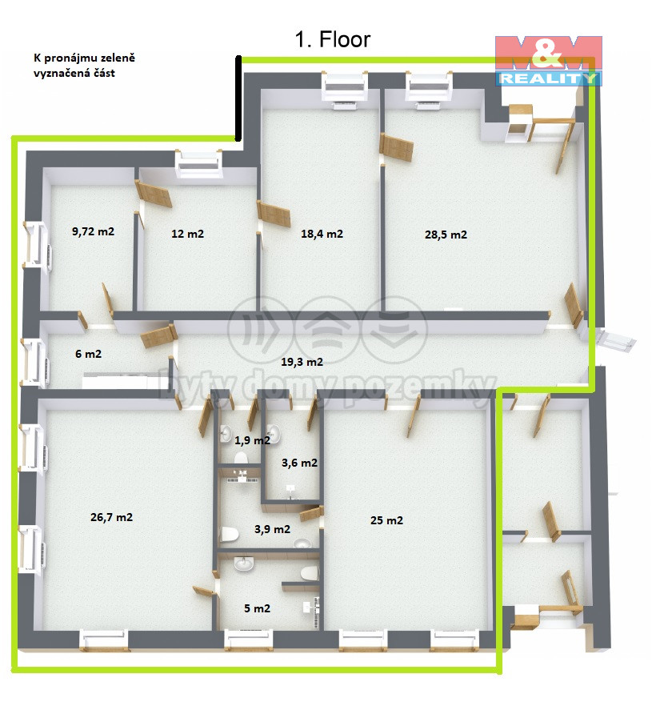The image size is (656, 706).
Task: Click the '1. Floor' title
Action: (333, 40)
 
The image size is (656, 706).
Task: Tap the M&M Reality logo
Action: (549, 61)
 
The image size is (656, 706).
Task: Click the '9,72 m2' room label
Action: (93, 231)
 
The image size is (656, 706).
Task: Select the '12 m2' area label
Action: (188, 234)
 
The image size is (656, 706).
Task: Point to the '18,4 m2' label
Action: (322, 234)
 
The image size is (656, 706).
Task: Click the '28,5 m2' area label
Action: (446, 235)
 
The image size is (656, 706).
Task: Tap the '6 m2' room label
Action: (88, 354)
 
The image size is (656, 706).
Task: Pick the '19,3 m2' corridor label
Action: (302, 362)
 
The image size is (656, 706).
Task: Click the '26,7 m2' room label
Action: (111, 517)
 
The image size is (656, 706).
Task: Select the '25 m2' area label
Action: (386, 520)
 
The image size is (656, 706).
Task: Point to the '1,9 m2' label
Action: (253, 440)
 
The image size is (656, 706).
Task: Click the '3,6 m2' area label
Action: (300, 463)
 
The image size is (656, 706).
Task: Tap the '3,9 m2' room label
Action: (272, 529)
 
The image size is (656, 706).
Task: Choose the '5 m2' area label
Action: (258, 608)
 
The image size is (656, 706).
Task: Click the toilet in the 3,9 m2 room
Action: (230, 535)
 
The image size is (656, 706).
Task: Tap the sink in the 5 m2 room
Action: (243, 564)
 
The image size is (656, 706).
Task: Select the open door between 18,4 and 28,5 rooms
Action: (396, 146)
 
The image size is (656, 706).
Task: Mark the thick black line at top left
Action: (238, 98)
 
